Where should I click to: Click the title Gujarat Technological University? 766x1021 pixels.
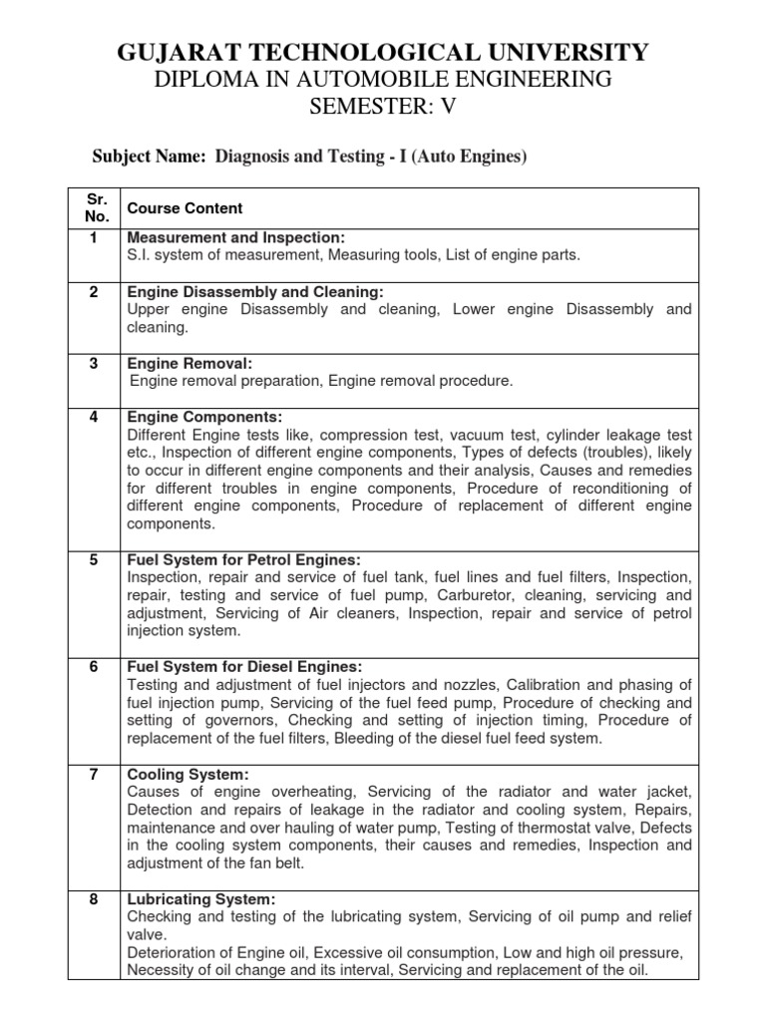(x=383, y=52)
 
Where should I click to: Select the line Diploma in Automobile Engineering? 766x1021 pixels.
(x=383, y=81)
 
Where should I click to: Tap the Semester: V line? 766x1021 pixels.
(x=383, y=109)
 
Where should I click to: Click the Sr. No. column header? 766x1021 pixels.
(x=93, y=207)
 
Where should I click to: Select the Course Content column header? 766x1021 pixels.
(x=183, y=208)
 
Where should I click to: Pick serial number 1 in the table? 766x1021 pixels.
(x=93, y=237)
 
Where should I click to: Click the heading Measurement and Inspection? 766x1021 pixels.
(x=235, y=238)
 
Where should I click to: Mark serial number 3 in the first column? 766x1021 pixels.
(x=93, y=363)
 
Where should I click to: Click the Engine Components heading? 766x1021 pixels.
(x=205, y=417)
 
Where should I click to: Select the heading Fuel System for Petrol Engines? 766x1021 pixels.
(x=244, y=559)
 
